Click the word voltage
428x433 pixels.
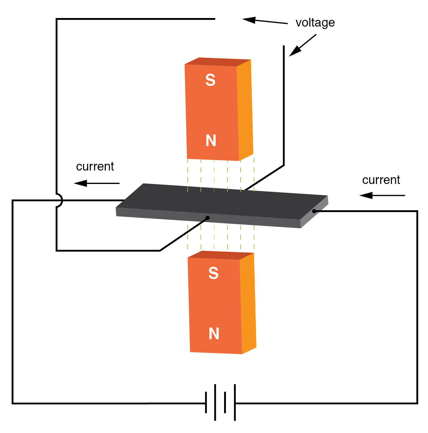[x=315, y=23]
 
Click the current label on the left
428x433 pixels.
[x=95, y=167]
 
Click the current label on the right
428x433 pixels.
[x=381, y=180]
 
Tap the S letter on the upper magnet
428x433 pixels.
[x=210, y=80]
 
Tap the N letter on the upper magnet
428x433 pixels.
[x=211, y=141]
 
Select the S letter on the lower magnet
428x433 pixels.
[x=213, y=273]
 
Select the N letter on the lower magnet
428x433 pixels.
[x=214, y=333]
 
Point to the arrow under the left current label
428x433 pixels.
[x=97, y=183]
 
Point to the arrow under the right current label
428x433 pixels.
[x=382, y=195]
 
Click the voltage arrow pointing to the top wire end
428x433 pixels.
[x=265, y=21]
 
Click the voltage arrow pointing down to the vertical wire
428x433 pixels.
[x=302, y=45]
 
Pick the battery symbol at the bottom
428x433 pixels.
[x=220, y=402]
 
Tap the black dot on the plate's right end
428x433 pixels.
[x=314, y=211]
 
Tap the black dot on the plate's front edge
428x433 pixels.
[x=208, y=218]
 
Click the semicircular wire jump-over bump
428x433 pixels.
[x=59, y=200]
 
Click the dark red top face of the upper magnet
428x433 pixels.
[x=218, y=62]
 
